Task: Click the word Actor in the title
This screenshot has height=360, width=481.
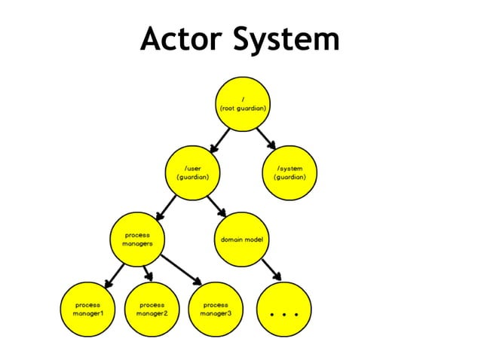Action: pos(181,39)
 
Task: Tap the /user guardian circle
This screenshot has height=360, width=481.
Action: pos(192,172)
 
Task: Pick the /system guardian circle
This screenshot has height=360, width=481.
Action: pos(290,172)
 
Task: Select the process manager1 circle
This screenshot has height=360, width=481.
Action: pos(87,309)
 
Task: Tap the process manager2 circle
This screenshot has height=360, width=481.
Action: pos(152,309)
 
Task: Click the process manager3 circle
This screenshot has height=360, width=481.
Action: pos(216,309)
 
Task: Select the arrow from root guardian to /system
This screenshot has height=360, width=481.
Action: pos(266,139)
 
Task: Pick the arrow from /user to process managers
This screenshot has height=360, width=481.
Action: pos(167,206)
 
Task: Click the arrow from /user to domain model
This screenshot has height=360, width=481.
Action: pos(216,206)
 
